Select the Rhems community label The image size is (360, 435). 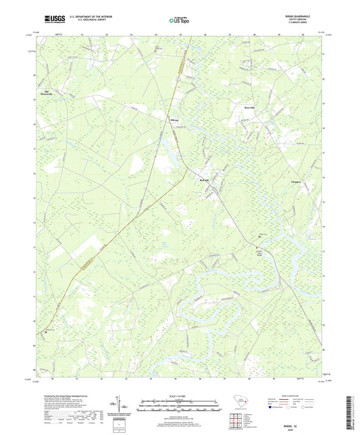[x=174, y=122]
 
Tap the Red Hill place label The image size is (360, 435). [x=205, y=180]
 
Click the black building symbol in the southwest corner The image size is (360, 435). [x=45, y=331]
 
